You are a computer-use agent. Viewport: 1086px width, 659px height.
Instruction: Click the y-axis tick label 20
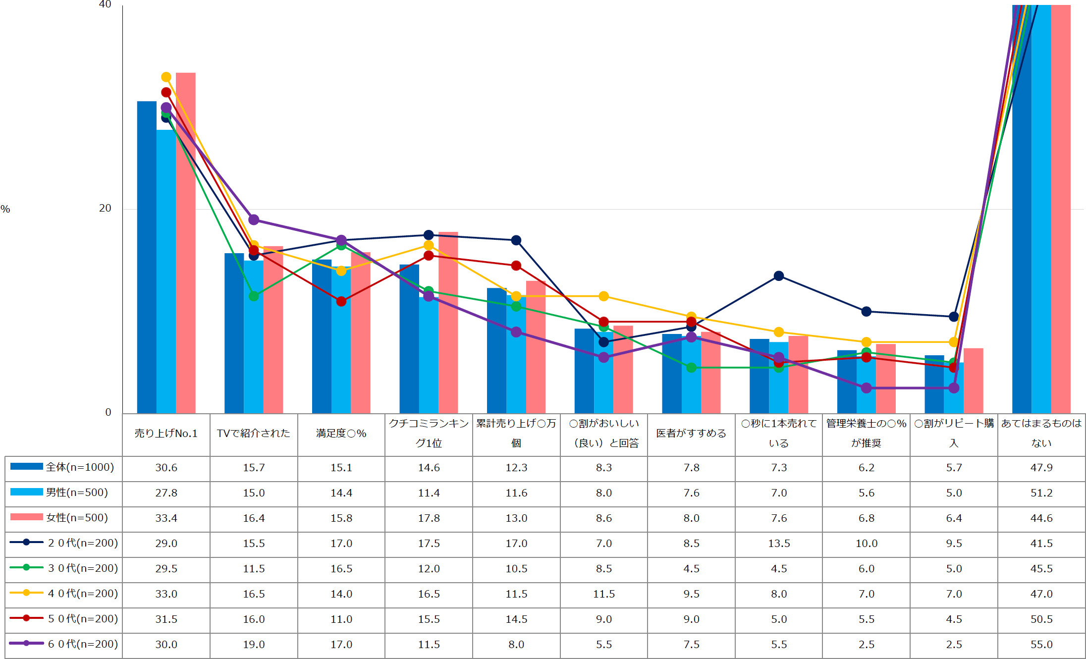click(105, 208)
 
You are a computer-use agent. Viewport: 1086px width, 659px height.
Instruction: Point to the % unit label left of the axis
click(5, 209)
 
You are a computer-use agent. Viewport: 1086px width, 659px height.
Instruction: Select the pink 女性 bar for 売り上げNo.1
click(186, 243)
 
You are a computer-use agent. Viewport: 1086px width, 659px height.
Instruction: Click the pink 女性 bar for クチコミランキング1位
click(448, 322)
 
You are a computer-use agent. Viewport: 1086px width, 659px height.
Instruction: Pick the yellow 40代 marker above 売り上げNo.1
click(166, 77)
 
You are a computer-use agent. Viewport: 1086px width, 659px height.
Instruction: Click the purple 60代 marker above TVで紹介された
click(254, 220)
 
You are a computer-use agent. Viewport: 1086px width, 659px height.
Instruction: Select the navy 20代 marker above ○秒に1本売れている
click(779, 275)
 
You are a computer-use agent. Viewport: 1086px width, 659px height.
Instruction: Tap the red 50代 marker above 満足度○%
click(341, 301)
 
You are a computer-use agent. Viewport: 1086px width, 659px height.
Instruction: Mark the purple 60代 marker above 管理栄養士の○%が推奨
click(867, 388)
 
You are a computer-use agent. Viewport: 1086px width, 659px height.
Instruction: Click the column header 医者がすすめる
click(691, 434)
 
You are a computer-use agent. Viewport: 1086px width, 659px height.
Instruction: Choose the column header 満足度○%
click(341, 434)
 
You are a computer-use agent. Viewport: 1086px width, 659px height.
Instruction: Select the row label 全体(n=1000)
click(80, 467)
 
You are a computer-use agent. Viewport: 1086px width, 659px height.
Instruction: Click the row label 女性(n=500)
click(77, 518)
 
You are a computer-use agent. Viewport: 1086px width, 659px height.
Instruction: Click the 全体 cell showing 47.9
click(1041, 468)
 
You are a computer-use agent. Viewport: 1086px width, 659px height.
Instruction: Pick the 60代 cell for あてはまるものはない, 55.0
click(1041, 645)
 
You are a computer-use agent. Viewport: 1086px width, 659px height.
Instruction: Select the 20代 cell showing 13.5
click(779, 544)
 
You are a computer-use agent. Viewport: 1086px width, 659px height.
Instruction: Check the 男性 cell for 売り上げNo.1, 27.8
click(166, 493)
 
